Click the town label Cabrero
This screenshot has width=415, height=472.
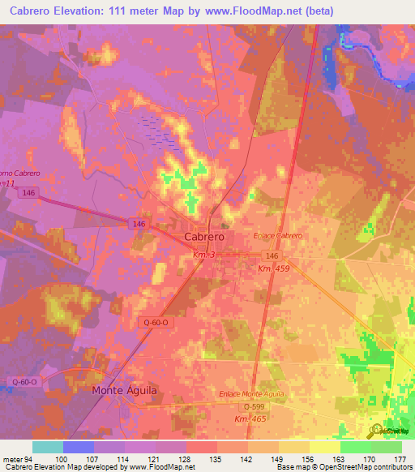pos(203,236)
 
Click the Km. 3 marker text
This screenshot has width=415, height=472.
pos(203,255)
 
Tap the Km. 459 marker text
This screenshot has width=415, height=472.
pos(275,268)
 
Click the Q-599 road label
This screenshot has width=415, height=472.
pos(255,406)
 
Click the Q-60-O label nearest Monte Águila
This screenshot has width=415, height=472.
pos(26,380)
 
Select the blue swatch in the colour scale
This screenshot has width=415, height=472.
pos(78,446)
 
